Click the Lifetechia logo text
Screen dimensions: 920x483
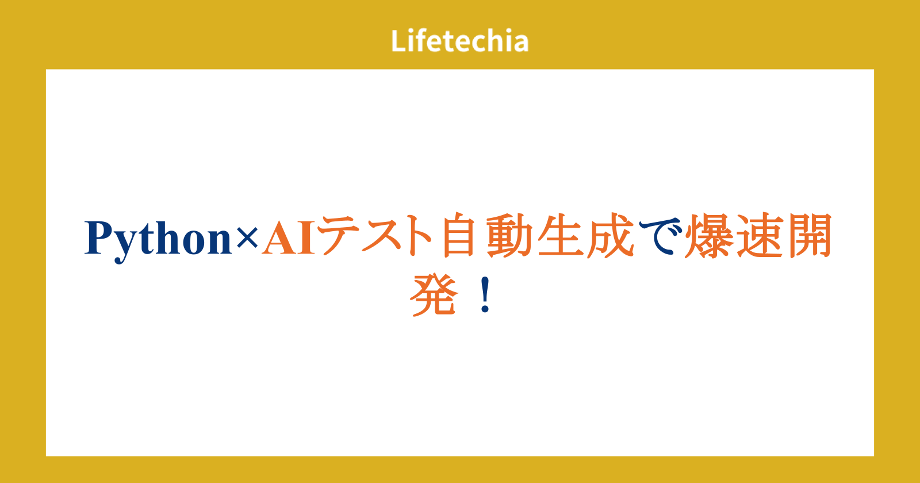459,41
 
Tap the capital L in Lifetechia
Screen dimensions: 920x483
398,41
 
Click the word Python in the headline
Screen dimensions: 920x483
158,240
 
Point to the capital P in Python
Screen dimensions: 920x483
99,237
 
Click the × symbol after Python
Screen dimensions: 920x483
247,238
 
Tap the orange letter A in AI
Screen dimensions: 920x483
278,237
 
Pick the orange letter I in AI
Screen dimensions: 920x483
305,237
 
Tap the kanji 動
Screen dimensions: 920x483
509,235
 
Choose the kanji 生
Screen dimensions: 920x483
561,235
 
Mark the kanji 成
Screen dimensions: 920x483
611,235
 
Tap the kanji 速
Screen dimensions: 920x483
760,235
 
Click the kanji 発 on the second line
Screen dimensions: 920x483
434,296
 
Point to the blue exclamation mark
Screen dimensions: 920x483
485,295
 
